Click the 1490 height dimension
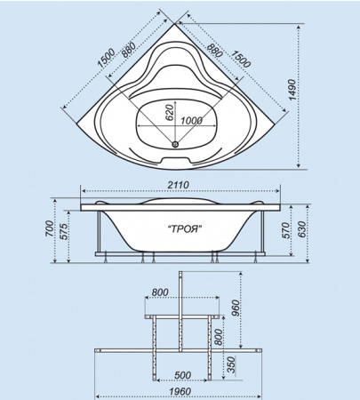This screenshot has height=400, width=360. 292,90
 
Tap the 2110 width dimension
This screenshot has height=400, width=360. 178,185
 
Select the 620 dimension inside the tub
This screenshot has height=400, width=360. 169,113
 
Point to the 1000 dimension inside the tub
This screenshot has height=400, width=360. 191,121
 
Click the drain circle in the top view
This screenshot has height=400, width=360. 175,144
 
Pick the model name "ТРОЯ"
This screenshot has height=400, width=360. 185,229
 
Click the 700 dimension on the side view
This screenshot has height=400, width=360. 50,228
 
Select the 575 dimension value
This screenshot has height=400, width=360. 65,231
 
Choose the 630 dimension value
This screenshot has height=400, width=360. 301,229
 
